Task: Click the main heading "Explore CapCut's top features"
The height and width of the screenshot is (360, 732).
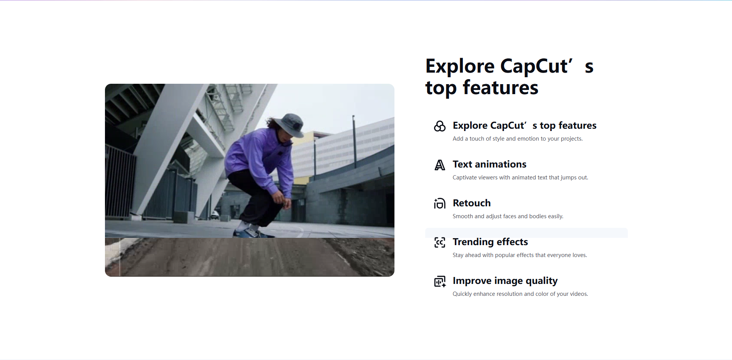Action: pyautogui.click(x=509, y=77)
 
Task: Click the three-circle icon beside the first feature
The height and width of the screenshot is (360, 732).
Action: pyautogui.click(x=440, y=126)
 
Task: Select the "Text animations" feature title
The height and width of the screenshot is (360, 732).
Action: pyautogui.click(x=489, y=164)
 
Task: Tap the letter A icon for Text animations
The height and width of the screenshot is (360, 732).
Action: pyautogui.click(x=440, y=165)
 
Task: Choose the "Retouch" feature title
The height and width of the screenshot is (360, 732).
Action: pyautogui.click(x=472, y=203)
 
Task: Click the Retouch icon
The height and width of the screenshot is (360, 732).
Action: pyautogui.click(x=440, y=204)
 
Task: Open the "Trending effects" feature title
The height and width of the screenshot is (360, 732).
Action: pyautogui.click(x=490, y=242)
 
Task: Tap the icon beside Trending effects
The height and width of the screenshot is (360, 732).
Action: pyautogui.click(x=440, y=242)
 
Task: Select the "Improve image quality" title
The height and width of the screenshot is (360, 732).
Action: pyautogui.click(x=505, y=281)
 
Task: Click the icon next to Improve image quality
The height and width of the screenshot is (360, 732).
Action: pyautogui.click(x=440, y=282)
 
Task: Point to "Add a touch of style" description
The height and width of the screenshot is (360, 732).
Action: pyautogui.click(x=517, y=139)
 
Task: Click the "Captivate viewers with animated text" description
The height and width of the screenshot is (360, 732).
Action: pyautogui.click(x=520, y=178)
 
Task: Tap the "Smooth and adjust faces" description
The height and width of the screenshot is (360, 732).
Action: pyautogui.click(x=508, y=216)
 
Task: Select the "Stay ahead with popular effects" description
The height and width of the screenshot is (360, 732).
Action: pyautogui.click(x=520, y=255)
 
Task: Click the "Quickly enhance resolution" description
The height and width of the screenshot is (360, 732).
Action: pyautogui.click(x=520, y=294)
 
